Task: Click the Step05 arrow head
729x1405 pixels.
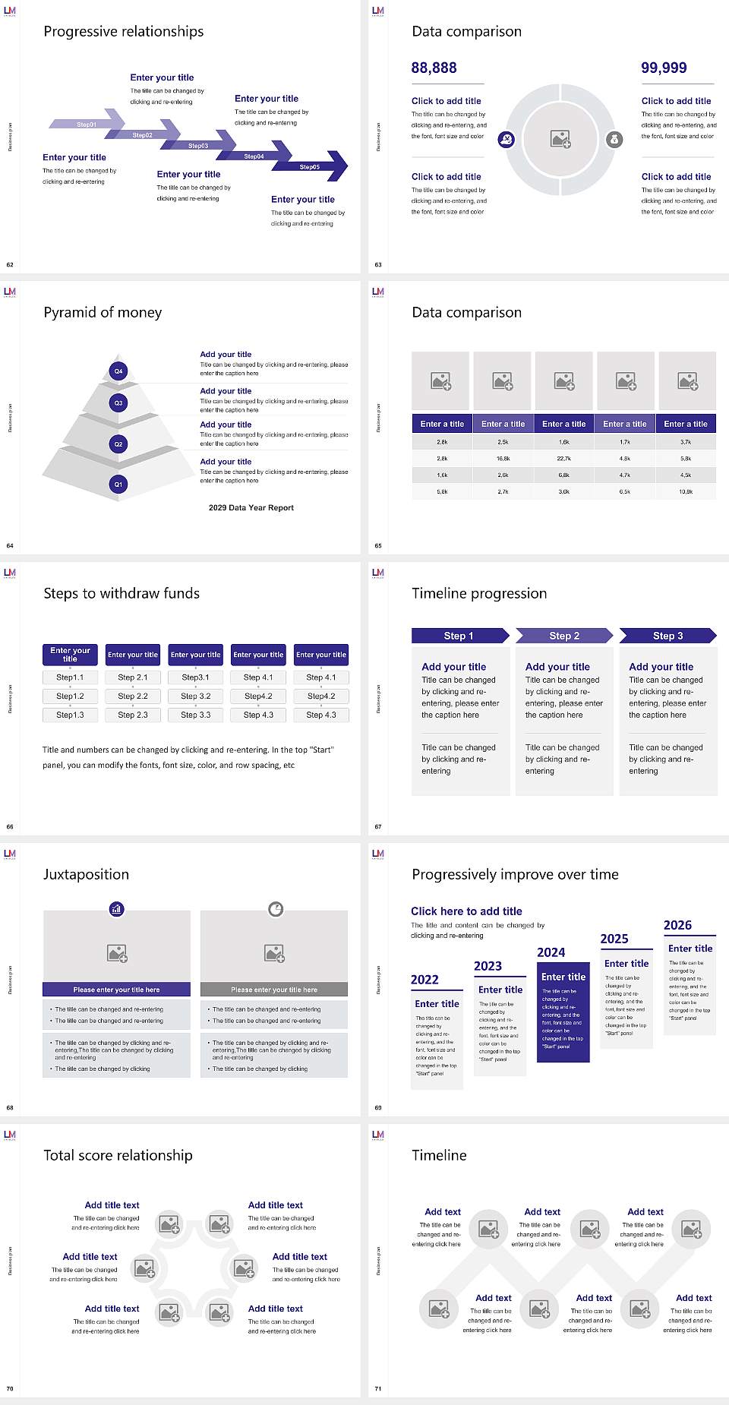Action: coord(334,166)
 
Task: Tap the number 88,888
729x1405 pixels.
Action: coord(434,68)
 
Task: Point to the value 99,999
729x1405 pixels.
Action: coord(664,68)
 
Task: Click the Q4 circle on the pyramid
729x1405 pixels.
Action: coord(118,371)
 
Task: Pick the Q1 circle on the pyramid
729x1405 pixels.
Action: coord(118,484)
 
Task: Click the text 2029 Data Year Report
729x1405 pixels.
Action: coord(251,507)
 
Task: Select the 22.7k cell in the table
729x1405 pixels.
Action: coord(563,459)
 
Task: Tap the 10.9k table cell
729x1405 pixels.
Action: coord(686,492)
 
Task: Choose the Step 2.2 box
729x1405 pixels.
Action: coord(133,696)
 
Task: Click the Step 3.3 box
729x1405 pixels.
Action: coord(195,715)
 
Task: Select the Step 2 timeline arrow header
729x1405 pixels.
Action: coord(564,636)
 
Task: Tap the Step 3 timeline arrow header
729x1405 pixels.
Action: coord(667,636)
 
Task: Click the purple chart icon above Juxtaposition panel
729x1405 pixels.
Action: coord(116,908)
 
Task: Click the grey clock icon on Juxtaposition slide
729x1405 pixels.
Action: coord(276,908)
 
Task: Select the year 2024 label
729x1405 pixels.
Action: coord(551,952)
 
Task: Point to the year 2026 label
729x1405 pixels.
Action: coord(677,925)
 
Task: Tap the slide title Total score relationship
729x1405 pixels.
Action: coord(118,1155)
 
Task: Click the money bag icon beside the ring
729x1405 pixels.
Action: coord(614,139)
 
